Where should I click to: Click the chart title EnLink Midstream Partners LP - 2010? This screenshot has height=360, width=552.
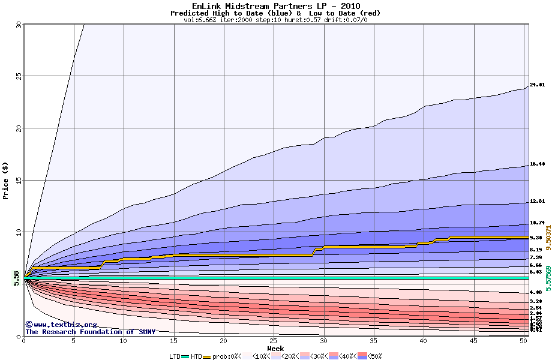click(x=275, y=6)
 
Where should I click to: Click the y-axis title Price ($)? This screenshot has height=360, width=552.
click(x=6, y=181)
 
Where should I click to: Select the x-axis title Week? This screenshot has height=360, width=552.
click(x=275, y=348)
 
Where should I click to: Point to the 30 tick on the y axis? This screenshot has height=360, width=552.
click(x=18, y=25)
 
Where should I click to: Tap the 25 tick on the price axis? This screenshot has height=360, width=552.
click(x=18, y=76)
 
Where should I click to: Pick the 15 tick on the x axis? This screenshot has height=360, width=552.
click(x=173, y=341)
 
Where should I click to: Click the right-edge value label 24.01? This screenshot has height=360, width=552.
click(x=537, y=85)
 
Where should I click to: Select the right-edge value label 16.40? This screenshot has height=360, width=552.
click(x=537, y=164)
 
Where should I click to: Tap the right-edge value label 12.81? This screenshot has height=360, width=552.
click(x=537, y=201)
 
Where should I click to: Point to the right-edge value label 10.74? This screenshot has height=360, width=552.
click(x=537, y=223)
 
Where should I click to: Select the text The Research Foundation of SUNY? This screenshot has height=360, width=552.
click(x=90, y=332)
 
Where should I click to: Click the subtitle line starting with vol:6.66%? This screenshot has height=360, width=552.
click(x=275, y=20)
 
